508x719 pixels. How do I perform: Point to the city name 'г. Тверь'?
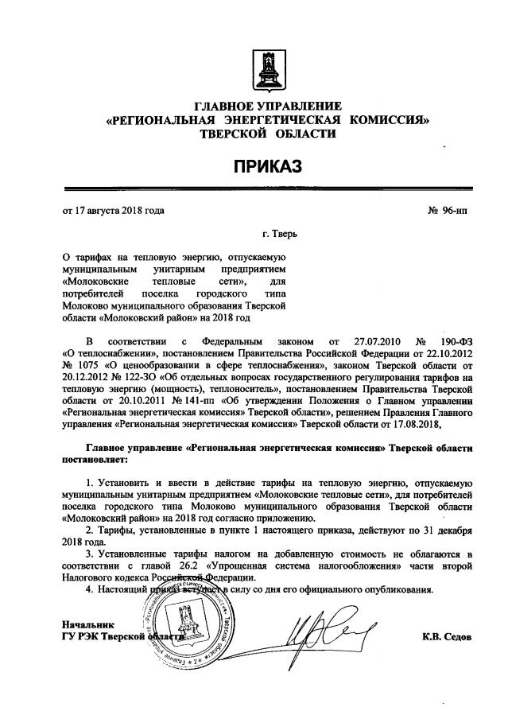pyautogui.click(x=282, y=236)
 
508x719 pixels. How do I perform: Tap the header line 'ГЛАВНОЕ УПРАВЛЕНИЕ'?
pyautogui.click(x=267, y=107)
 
